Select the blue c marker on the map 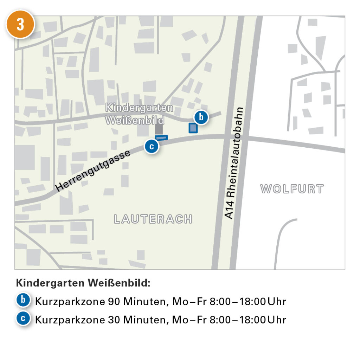(152, 147)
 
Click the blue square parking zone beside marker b (193, 128)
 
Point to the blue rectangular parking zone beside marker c (162, 138)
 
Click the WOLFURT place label (292, 189)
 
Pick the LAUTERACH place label (153, 219)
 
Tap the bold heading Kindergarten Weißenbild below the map (83, 283)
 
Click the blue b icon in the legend (23, 301)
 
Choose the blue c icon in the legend (23, 319)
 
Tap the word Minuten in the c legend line (142, 320)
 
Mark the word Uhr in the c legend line (277, 320)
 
